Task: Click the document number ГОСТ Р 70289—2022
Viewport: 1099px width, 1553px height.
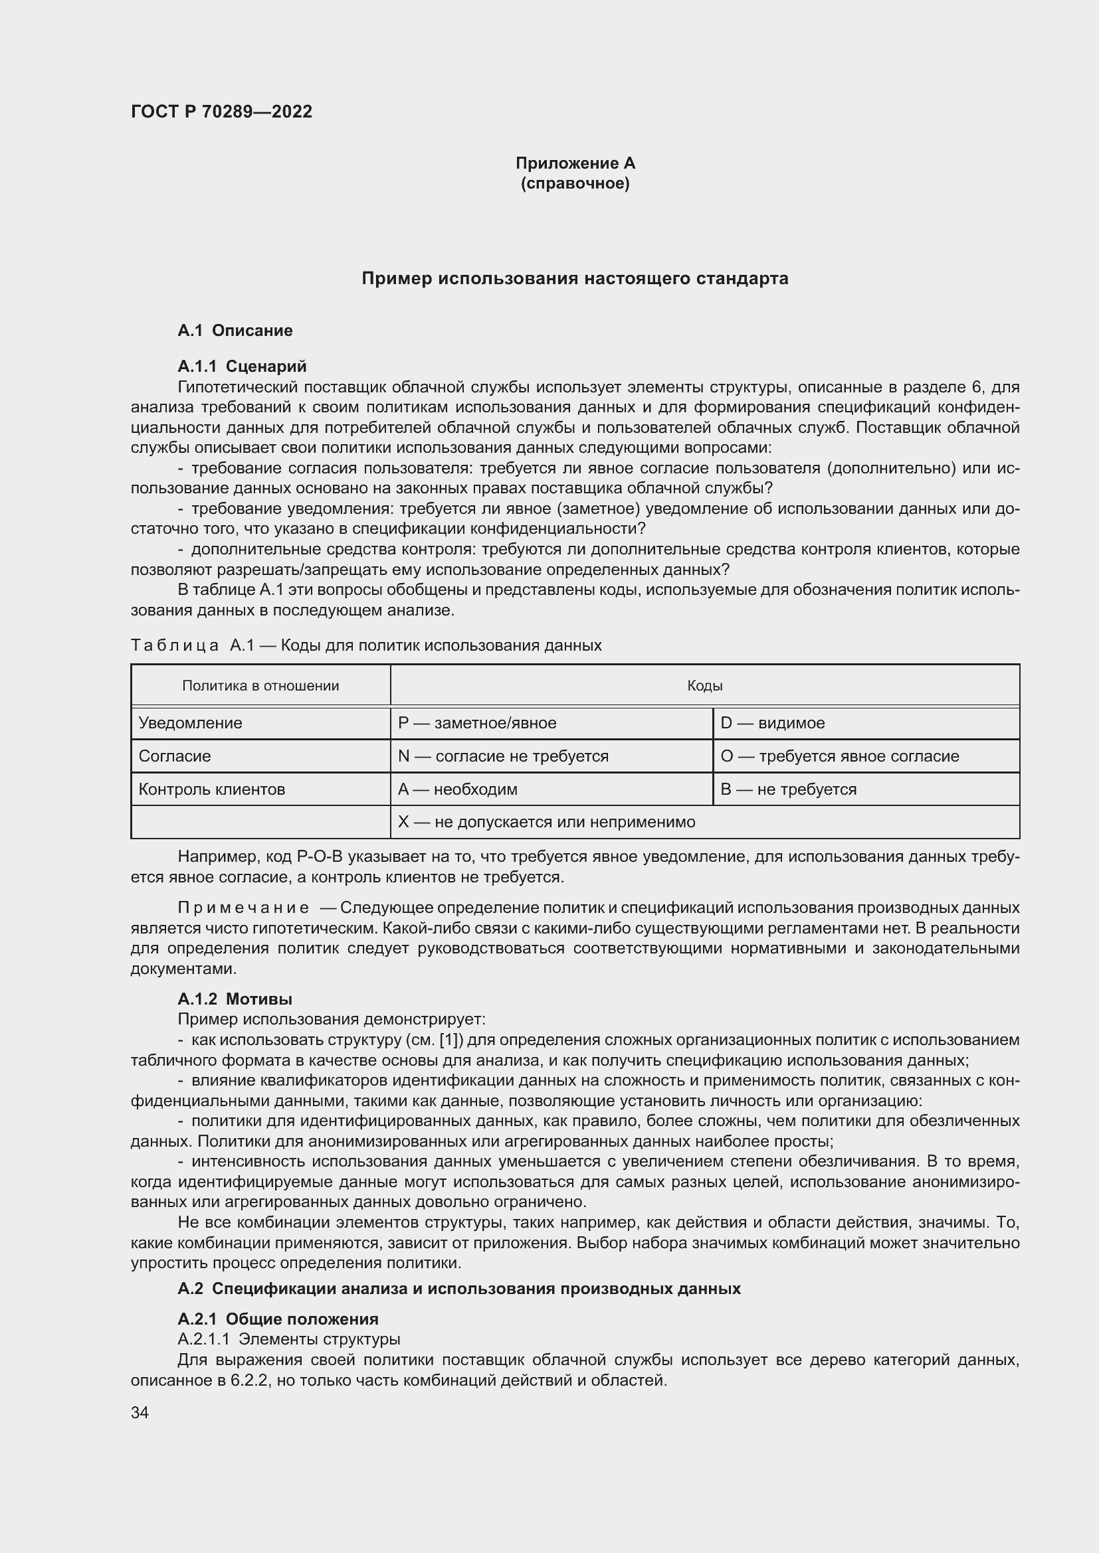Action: pos(221,112)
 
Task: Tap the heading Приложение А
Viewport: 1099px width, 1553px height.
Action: pos(575,163)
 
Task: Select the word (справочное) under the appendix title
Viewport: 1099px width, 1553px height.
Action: pos(575,183)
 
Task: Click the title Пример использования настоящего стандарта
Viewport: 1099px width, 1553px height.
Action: pos(575,278)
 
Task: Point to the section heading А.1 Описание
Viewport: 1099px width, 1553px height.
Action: pos(235,330)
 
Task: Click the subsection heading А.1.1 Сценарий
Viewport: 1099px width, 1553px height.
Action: pos(242,366)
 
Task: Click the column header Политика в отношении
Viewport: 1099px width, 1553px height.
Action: pos(260,686)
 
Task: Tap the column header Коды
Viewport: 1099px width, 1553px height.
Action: pos(704,686)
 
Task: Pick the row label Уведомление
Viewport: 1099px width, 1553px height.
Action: pos(190,723)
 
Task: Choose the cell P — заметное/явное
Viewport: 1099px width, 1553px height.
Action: pos(477,723)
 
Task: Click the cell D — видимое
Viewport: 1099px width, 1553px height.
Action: pos(772,723)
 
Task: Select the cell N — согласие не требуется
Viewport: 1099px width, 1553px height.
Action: pos(503,756)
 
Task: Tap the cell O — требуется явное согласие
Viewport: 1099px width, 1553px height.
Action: pos(839,756)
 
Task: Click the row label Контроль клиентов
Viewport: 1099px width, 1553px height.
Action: pos(212,789)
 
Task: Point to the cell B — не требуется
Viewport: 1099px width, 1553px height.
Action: pos(789,789)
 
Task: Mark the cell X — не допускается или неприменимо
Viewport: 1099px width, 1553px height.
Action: pos(546,822)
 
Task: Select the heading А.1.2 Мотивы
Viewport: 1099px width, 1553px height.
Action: pos(235,999)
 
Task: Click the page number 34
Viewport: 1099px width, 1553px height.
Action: pos(140,1412)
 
